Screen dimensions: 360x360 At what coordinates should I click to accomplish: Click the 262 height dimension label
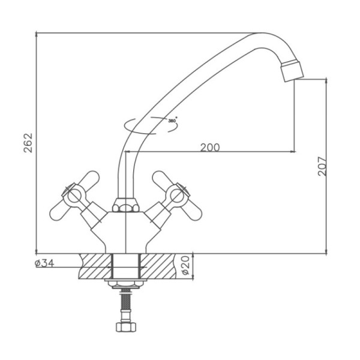point(28,143)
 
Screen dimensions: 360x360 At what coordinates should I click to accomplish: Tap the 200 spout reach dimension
point(210,148)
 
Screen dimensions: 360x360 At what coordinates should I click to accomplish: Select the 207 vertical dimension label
point(322,166)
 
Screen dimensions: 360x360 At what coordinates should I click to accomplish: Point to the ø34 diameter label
point(44,263)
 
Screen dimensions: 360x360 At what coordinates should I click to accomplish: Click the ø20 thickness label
point(185,266)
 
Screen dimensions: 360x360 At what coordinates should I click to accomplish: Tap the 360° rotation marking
point(172,121)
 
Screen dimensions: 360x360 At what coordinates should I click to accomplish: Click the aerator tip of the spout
point(292,71)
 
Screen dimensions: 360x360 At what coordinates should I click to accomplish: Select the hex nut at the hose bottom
point(126,327)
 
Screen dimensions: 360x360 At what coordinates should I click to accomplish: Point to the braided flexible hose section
point(125,302)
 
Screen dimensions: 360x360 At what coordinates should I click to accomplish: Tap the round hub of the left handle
point(74,197)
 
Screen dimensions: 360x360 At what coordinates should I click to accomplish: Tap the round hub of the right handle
point(177,197)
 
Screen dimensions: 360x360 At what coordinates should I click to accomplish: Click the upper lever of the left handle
point(89,179)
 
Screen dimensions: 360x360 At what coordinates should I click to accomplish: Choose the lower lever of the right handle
point(193,211)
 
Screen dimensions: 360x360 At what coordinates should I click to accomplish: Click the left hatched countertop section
point(95,266)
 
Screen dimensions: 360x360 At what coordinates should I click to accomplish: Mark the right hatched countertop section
point(158,266)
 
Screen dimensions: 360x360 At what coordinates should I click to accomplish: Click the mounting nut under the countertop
point(126,284)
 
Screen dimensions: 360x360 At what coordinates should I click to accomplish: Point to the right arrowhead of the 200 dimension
point(293,152)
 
